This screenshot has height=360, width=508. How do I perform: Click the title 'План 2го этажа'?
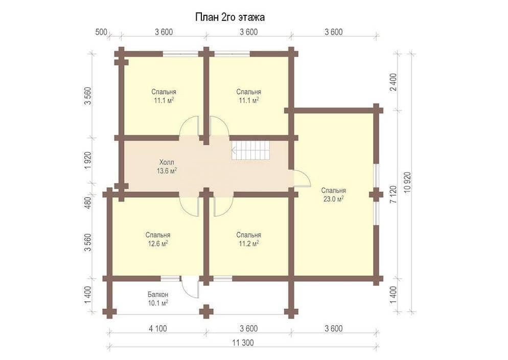229,17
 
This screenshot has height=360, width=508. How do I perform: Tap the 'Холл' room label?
167,162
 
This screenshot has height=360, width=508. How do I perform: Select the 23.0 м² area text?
333,199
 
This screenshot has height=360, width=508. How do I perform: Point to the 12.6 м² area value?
158,244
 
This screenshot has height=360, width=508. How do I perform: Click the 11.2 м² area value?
248,244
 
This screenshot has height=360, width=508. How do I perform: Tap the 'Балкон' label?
158,295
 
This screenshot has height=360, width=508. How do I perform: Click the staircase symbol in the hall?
250,150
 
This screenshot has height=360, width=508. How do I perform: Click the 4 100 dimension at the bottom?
158,329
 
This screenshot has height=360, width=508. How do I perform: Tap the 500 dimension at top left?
101,32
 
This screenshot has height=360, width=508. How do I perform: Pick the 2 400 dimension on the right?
394,82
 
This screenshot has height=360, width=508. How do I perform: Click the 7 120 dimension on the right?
394,194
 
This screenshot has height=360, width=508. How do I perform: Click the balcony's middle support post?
206,312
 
